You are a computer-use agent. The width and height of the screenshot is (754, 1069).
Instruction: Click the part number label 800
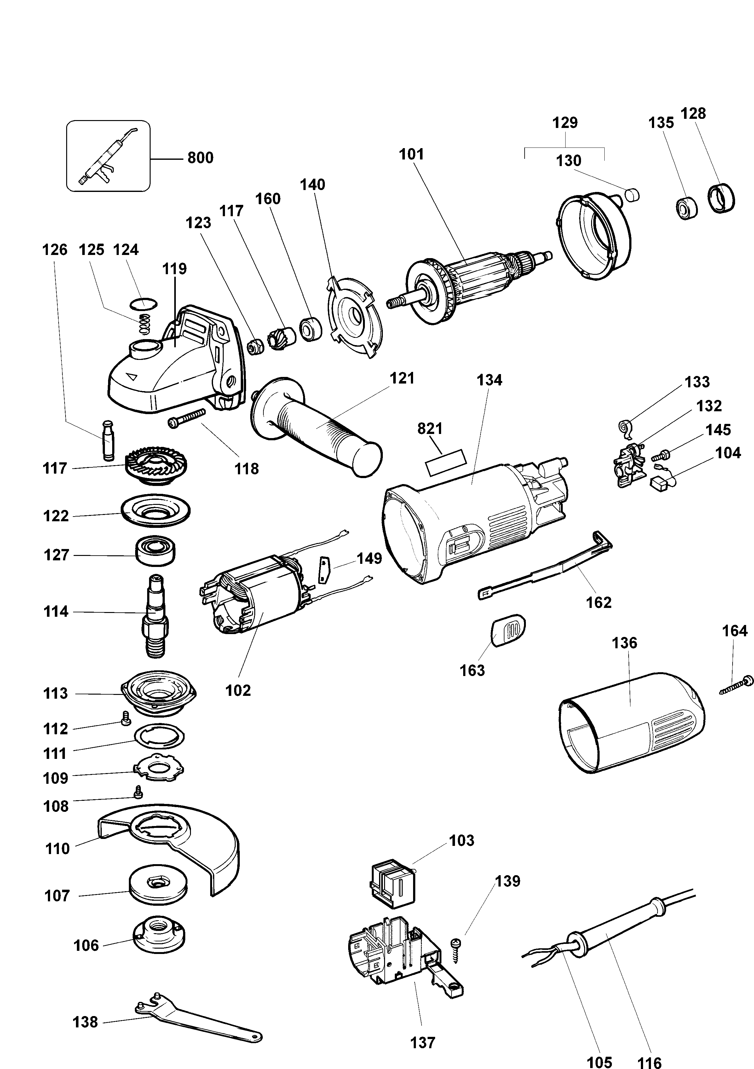coord(200,158)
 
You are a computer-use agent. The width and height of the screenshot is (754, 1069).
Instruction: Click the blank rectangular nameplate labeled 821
coord(446,462)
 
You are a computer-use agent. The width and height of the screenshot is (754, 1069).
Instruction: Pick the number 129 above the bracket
coord(565,123)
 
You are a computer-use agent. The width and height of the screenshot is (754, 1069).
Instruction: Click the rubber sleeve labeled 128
coord(722,199)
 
